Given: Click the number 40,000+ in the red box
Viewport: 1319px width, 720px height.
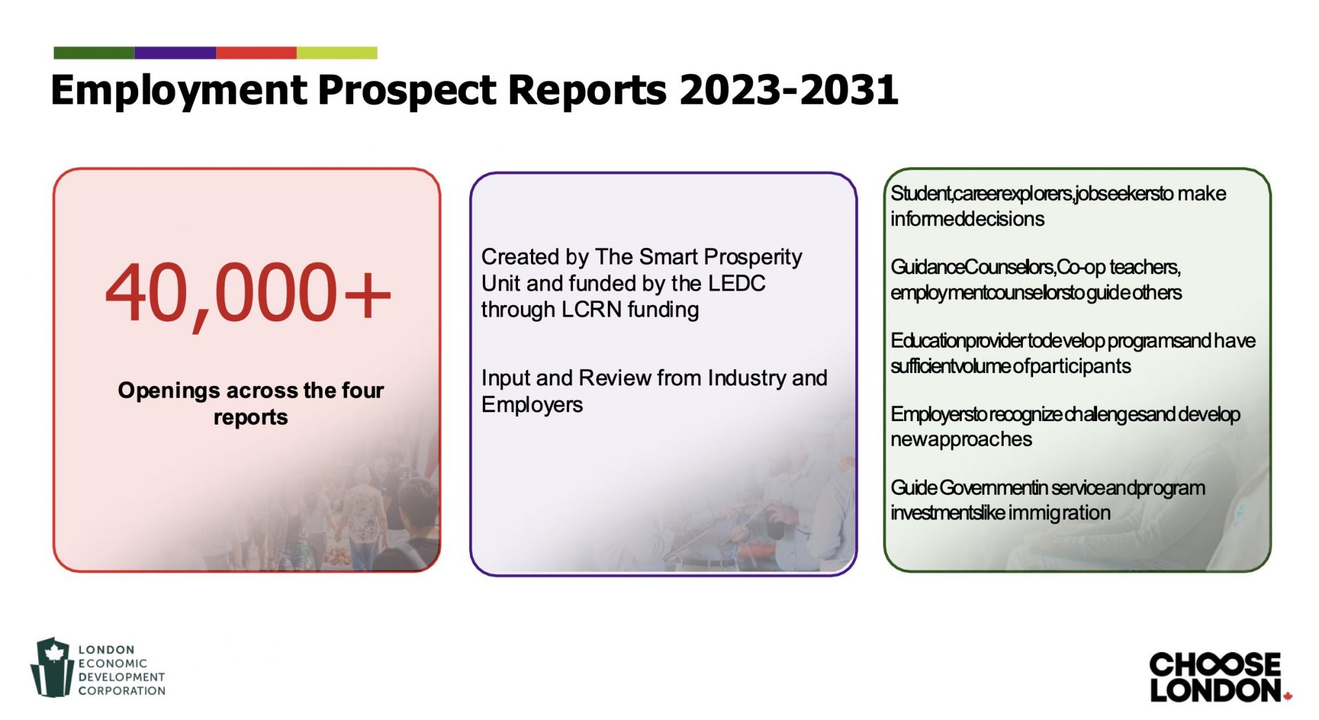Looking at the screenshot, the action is click(248, 294).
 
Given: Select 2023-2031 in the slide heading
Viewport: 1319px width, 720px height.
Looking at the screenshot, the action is click(789, 89).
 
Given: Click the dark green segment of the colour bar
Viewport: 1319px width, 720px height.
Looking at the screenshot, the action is click(94, 53).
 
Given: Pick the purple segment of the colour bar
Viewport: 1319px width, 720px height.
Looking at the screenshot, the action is click(175, 53).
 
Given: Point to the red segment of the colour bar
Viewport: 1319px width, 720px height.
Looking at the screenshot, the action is click(256, 53).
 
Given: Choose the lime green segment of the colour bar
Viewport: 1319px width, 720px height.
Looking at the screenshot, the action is click(337, 53).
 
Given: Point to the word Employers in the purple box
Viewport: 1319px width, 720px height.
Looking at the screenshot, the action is click(532, 405).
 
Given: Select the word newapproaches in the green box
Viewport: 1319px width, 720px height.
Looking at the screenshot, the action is click(961, 440).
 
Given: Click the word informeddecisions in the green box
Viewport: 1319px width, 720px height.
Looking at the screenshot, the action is click(967, 219).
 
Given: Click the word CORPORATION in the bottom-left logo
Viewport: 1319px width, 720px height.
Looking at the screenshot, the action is click(122, 690).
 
